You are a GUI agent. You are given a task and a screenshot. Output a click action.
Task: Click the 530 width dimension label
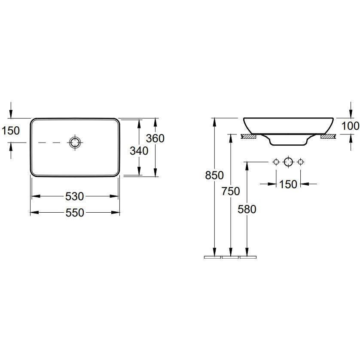tap(75, 196)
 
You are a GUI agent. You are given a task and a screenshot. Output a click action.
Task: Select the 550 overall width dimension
tap(75, 213)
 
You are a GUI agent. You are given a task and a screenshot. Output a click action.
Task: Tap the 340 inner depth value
tap(139, 151)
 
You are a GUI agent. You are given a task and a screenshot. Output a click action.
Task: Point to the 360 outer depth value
tap(155, 138)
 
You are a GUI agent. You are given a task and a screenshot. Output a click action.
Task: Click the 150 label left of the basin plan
tap(11, 131)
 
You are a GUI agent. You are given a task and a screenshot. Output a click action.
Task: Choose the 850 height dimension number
tap(214, 175)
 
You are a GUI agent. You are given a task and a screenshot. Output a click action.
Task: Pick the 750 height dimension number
tap(231, 191)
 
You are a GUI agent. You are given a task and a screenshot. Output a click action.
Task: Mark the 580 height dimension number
tap(247, 209)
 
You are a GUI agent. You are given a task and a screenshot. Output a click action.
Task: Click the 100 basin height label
tap(351, 126)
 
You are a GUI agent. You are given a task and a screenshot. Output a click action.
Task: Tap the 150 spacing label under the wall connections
tap(288, 184)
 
